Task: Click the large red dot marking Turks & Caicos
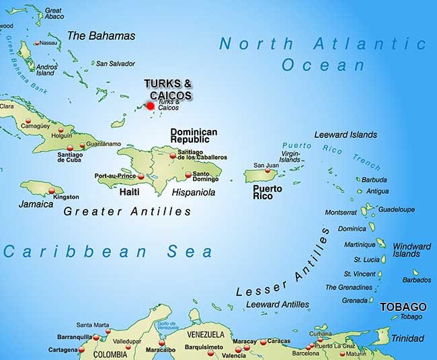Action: coord(151,106)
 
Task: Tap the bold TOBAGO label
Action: coord(403,306)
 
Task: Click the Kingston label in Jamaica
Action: coord(66,197)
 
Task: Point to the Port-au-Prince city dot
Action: coord(141,176)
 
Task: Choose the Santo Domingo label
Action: coord(206,176)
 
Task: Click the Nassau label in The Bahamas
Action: coord(48,42)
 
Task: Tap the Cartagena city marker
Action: coord(83,350)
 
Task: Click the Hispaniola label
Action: coord(194,192)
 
